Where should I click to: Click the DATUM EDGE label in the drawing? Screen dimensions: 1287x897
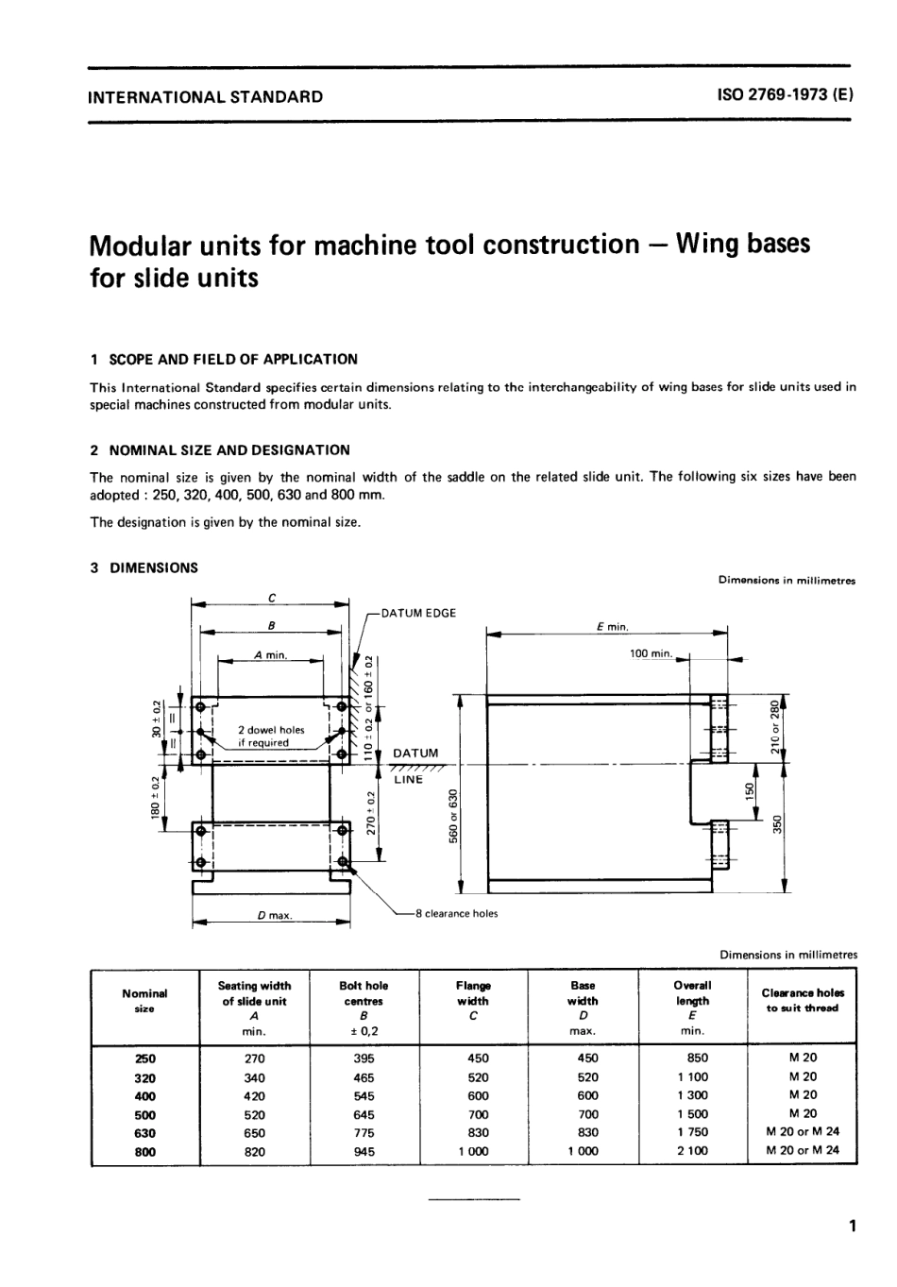point(418,613)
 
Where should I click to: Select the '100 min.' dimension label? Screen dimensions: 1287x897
point(651,652)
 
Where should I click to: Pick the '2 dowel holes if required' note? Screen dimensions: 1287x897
point(271,737)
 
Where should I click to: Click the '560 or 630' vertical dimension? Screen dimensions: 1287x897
point(454,816)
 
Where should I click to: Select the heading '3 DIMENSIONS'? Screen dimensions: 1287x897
point(144,567)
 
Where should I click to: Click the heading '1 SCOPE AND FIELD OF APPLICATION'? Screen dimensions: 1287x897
point(224,359)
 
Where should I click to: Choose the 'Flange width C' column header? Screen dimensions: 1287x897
point(473,1001)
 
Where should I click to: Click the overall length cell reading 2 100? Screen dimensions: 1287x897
point(692,1151)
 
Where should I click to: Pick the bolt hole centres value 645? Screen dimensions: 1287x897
point(364,1114)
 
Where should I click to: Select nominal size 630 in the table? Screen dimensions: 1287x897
point(145,1133)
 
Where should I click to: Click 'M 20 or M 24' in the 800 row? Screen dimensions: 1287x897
point(803,1150)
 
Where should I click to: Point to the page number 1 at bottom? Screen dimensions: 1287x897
point(852,1228)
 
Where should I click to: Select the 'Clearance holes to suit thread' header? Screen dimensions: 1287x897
point(803,1000)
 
